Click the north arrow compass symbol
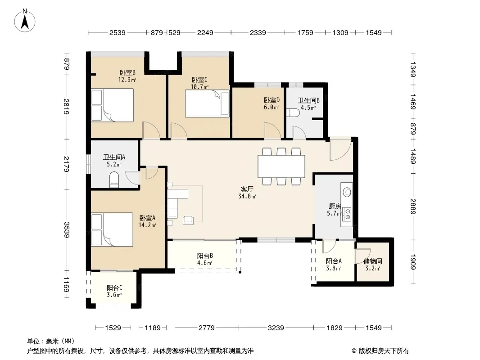[x=25, y=21]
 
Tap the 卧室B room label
[x=127, y=73]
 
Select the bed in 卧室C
[x=207, y=103]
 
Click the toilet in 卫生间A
[x=114, y=180]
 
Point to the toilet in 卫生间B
[x=293, y=112]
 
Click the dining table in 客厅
[x=281, y=166]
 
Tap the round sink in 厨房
[x=347, y=192]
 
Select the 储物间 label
[x=372, y=261]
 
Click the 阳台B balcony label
[x=205, y=256]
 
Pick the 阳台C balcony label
[x=114, y=288]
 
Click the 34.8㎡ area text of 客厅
[x=247, y=196]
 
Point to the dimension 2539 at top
[x=118, y=32]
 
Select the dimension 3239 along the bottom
[x=276, y=328]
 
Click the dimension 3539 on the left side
[x=67, y=229]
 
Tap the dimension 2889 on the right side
[x=413, y=207]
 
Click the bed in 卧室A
[x=113, y=229]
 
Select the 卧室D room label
[x=272, y=100]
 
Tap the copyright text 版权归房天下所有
[x=384, y=351]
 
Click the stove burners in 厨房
[x=347, y=214]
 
